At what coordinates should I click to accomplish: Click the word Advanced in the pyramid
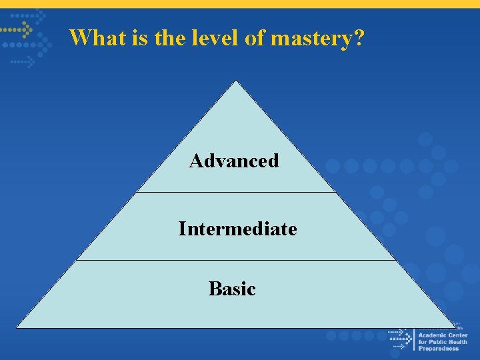(x=234, y=161)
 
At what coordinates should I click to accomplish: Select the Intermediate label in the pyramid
(x=237, y=229)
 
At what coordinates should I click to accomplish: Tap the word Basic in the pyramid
(x=232, y=288)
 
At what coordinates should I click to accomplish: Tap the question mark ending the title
(x=359, y=37)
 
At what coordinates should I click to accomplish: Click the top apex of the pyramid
(x=235, y=81)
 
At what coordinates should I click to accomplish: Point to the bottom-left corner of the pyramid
(x=17, y=327)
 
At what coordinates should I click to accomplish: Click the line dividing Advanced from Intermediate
(x=235, y=193)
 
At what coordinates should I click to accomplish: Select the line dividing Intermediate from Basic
(x=235, y=260)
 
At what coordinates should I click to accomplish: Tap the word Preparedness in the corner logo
(x=439, y=349)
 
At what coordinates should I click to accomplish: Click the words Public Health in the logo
(x=447, y=342)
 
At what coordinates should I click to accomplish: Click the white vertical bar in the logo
(x=413, y=339)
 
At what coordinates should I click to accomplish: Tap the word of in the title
(x=255, y=37)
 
